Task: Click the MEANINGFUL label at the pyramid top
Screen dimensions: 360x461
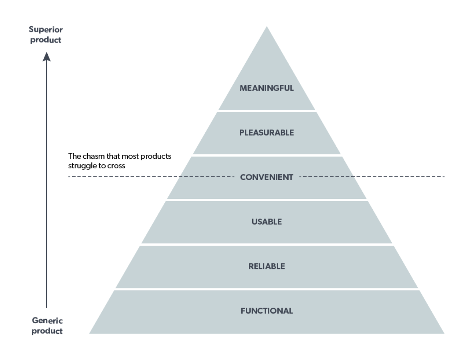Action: (x=267, y=88)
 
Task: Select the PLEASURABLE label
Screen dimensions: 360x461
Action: (x=267, y=132)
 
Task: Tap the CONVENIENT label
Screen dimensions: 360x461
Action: (x=267, y=177)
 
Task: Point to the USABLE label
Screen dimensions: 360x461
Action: (x=267, y=221)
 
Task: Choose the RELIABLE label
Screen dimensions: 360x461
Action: (x=267, y=266)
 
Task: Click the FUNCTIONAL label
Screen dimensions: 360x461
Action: (x=267, y=311)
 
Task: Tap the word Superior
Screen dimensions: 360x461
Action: (x=46, y=30)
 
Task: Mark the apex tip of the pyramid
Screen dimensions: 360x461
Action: (x=267, y=27)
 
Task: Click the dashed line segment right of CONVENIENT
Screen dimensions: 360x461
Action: (x=373, y=177)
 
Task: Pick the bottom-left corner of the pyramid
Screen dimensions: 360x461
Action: (x=90, y=333)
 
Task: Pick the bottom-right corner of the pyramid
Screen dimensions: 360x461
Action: (x=443, y=333)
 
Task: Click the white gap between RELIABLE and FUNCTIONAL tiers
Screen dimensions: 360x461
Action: (x=267, y=289)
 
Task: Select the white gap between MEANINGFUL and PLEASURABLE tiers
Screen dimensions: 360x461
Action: (x=267, y=111)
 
